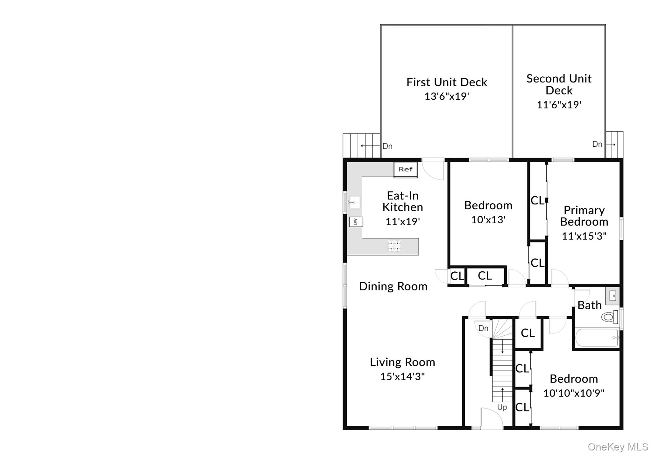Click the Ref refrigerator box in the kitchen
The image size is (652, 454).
tap(405, 170)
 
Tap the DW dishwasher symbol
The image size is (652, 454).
tap(356, 221)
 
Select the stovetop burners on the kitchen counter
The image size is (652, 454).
tap(394, 246)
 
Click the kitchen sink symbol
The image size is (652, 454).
tap(354, 202)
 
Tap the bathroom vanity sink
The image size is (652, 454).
tap(613, 296)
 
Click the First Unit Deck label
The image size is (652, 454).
tap(447, 82)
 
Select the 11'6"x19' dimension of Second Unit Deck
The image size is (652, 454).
tap(559, 105)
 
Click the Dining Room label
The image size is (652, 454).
tap(393, 286)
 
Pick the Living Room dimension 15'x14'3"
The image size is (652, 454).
tap(402, 376)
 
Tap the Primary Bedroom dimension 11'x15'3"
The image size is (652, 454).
tap(584, 236)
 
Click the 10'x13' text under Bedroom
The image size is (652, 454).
tap(488, 220)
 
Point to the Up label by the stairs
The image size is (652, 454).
tap(502, 407)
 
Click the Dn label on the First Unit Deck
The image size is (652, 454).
tap(387, 146)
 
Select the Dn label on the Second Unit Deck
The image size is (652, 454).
tap(597, 144)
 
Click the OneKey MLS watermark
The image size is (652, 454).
tap(618, 447)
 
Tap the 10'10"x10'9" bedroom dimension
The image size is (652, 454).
tap(574, 393)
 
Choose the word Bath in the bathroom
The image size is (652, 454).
tap(589, 305)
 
